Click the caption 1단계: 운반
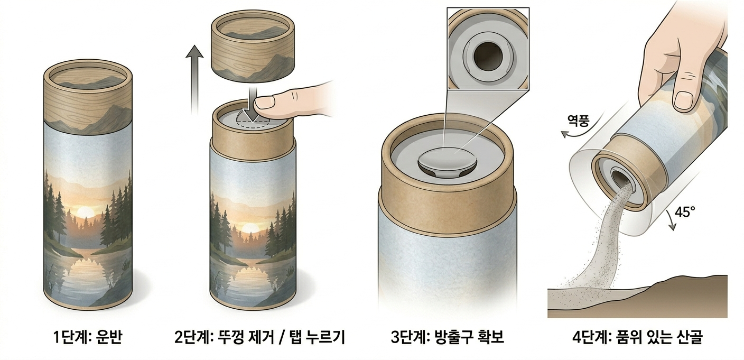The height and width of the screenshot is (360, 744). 88,337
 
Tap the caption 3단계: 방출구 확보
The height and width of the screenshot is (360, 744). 448,337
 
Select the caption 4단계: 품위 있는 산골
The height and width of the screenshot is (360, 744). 637,337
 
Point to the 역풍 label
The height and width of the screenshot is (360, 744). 578,121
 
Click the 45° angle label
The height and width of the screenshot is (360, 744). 685,212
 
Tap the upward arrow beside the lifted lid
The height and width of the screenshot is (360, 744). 194,80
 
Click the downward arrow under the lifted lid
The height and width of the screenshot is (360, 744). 253,104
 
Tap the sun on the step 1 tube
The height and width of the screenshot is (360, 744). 86,212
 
